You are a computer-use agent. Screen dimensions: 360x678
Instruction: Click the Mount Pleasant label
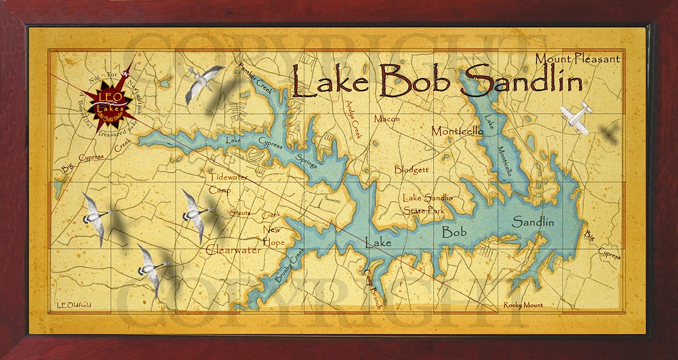point(577,58)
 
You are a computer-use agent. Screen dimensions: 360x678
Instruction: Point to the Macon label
point(387,119)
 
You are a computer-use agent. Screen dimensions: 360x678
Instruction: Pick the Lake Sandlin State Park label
point(428,204)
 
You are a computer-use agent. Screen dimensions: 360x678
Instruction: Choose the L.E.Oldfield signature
point(75,306)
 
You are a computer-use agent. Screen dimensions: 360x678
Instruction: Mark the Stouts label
point(239,214)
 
